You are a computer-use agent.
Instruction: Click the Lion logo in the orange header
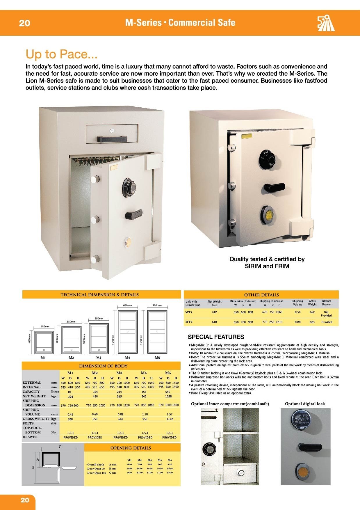[x=326, y=23]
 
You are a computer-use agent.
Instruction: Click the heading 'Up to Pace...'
[x=61, y=54]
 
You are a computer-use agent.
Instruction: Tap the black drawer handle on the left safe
[x=112, y=139]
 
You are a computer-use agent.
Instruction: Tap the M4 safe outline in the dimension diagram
[x=127, y=331]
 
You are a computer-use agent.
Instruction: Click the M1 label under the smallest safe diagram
[x=43, y=358]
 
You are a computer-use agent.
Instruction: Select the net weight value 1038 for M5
[x=168, y=396]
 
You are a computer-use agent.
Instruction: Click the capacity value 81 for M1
[x=70, y=392]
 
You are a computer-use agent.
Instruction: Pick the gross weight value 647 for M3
[x=121, y=419]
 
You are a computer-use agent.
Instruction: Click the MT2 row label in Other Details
[x=189, y=322]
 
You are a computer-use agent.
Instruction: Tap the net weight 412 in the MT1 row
[x=214, y=312]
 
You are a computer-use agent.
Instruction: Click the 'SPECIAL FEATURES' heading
[x=216, y=337]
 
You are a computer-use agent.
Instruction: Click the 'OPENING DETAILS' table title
[x=131, y=448]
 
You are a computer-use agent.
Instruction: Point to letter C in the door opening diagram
[x=60, y=447]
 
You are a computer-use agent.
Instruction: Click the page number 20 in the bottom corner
[x=25, y=500]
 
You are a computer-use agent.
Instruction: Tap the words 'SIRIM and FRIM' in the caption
[x=267, y=266]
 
